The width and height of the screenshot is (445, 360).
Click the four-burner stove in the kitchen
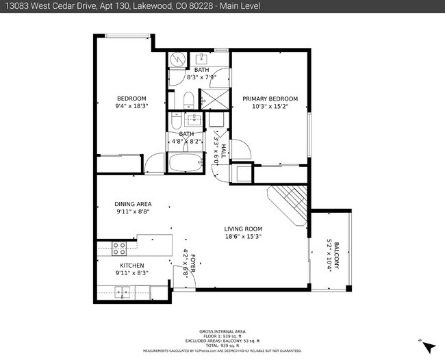(x=119, y=248)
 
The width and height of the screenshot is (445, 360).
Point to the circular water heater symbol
(x=177, y=60)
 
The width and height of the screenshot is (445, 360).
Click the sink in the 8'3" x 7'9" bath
(x=203, y=57)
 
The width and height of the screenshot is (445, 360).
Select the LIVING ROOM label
(x=243, y=229)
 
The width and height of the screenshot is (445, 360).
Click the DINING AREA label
(x=133, y=204)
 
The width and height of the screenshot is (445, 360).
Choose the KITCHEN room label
(x=132, y=266)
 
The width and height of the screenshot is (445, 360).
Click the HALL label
(x=223, y=146)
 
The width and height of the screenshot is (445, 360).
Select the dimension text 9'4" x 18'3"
(x=132, y=106)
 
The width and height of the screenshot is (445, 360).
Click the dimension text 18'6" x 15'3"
(x=243, y=236)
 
